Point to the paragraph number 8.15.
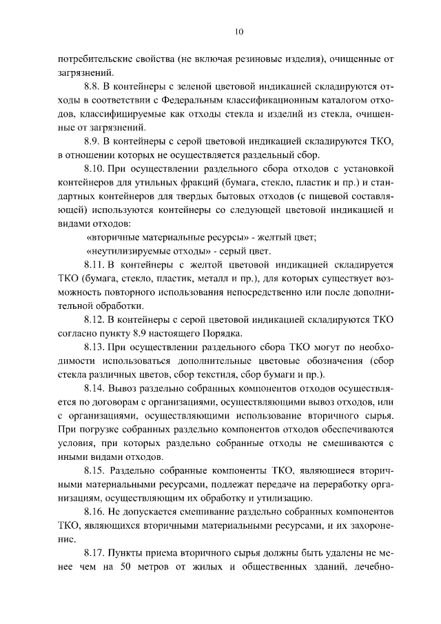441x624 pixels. tap(95, 472)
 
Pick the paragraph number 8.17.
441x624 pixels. tap(95, 553)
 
